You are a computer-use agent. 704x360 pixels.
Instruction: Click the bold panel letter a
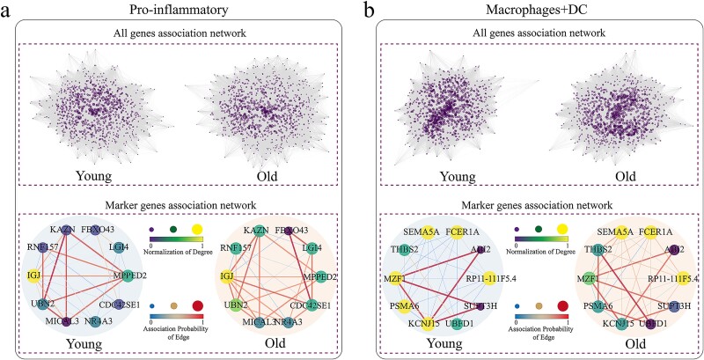click(8, 11)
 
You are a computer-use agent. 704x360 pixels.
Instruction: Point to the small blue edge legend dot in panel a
click(152, 305)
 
